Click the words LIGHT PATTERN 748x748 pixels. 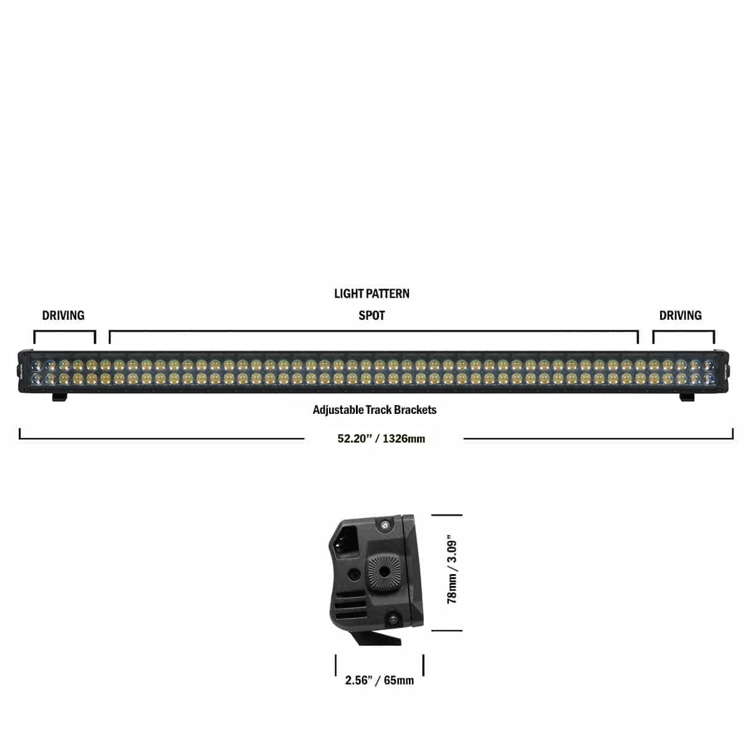pos(372,294)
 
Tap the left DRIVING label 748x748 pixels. pos(63,315)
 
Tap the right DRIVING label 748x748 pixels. pos(680,315)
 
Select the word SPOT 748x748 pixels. pos(372,315)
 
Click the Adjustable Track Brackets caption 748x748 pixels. pos(374,410)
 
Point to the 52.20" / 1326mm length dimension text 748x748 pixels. pos(381,438)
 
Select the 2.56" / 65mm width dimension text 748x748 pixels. pos(379,680)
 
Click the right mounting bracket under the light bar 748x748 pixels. pos(686,397)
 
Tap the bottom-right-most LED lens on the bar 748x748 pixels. pos(709,378)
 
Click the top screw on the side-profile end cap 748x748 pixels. pos(385,527)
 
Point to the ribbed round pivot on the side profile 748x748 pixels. pos(379,570)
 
